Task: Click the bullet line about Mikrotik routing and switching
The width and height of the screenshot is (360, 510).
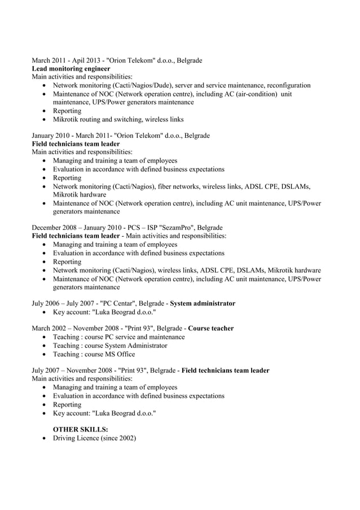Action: click(118, 119)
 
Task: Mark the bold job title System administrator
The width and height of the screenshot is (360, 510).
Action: click(203, 303)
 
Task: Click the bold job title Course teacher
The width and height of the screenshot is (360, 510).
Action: click(210, 328)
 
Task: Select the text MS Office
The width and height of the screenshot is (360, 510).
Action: click(122, 354)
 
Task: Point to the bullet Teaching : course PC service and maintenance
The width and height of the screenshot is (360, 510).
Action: click(118, 337)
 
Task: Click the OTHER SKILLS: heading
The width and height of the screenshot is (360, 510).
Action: click(80, 430)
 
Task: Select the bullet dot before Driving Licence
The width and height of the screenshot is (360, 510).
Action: click(45, 439)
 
